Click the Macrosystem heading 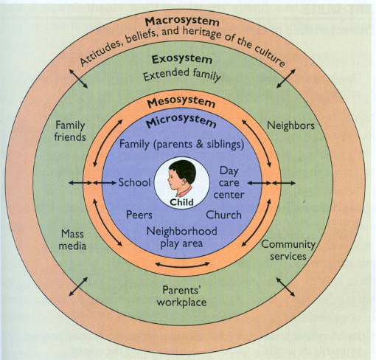pyautogui.click(x=182, y=21)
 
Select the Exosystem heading pyautogui.click(x=181, y=59)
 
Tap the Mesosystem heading pyautogui.click(x=181, y=103)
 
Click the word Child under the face pyautogui.click(x=181, y=202)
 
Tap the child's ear pyautogui.click(x=184, y=181)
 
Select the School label pyautogui.click(x=134, y=182)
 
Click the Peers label pyautogui.click(x=139, y=215)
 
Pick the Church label pyautogui.click(x=223, y=215)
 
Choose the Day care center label pyautogui.click(x=229, y=182)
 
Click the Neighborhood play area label pyautogui.click(x=181, y=238)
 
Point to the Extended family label pyautogui.click(x=182, y=75)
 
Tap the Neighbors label pyautogui.click(x=290, y=125)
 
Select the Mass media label pyautogui.click(x=72, y=240)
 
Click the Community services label pyautogui.click(x=288, y=250)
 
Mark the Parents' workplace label pyautogui.click(x=181, y=297)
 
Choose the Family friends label pyautogui.click(x=70, y=131)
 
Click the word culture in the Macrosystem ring pyautogui.click(x=270, y=56)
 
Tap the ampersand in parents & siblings pyautogui.click(x=200, y=145)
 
